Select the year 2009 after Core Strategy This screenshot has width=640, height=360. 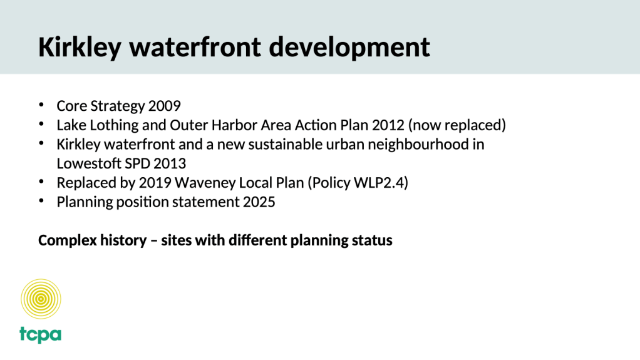[x=165, y=106]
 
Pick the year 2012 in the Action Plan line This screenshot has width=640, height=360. [x=388, y=125]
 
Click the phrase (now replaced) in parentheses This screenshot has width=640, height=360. [x=457, y=125]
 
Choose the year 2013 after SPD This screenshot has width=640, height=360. [x=170, y=163]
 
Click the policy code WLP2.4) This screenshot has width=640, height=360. [x=381, y=183]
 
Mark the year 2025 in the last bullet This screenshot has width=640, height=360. [x=259, y=202]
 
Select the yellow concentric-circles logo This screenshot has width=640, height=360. [x=41, y=299]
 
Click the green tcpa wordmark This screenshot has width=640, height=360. [x=41, y=335]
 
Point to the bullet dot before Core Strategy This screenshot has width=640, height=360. [x=41, y=105]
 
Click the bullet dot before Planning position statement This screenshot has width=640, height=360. [x=41, y=201]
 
